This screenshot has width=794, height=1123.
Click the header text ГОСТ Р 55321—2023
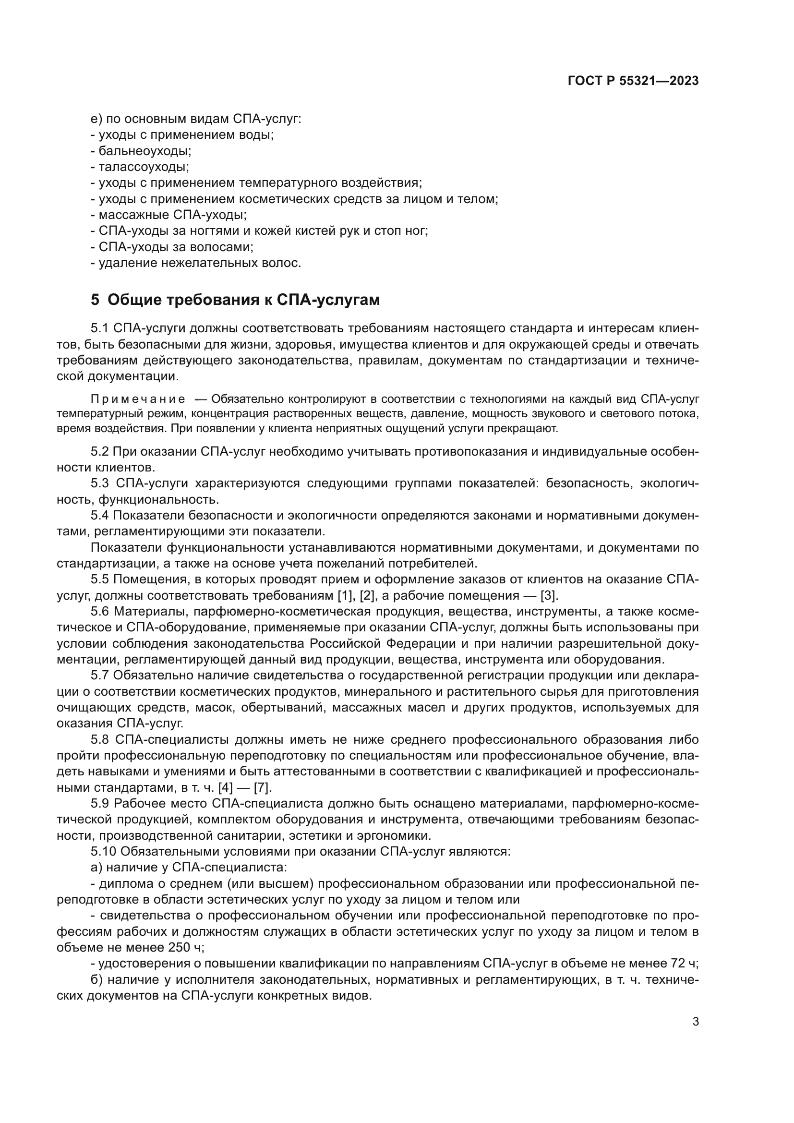(x=633, y=81)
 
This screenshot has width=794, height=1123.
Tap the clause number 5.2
(x=100, y=451)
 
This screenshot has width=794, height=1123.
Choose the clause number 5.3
(x=100, y=484)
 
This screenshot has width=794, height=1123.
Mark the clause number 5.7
(x=100, y=676)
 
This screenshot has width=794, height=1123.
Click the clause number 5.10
(x=103, y=852)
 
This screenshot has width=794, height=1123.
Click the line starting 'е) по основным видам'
(x=195, y=120)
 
